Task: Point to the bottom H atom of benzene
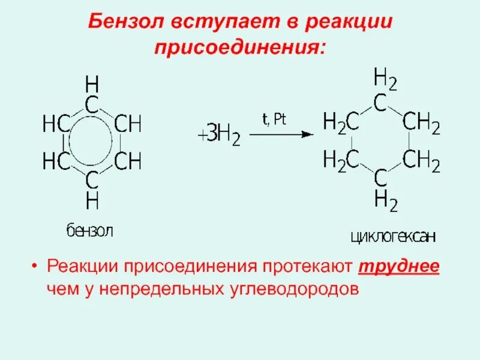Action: (x=92, y=202)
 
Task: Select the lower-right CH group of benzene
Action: (x=127, y=161)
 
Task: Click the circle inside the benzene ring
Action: (x=92, y=143)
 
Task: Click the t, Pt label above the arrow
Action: (x=275, y=119)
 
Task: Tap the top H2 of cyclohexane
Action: (x=385, y=79)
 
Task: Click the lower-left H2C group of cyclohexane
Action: (x=341, y=160)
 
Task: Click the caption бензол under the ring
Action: (x=89, y=230)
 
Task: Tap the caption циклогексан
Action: (x=392, y=238)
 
